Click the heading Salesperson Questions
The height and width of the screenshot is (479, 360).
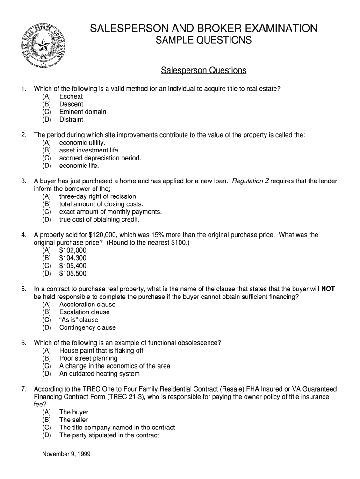pos(203,70)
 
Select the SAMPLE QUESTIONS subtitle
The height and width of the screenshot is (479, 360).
pos(203,41)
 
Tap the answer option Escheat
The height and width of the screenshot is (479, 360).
pos(71,96)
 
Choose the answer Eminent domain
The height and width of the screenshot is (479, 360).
pos(83,112)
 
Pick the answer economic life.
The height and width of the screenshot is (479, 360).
pos(79,166)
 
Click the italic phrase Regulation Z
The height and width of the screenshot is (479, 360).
pos(250,181)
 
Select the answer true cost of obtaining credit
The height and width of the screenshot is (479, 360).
pos(99,219)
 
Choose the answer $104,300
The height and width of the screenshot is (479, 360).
pos(72,258)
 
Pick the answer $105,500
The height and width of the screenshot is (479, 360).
pos(72,273)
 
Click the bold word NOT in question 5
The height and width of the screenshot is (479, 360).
pos(328,289)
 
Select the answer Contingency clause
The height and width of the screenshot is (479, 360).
pos(87,327)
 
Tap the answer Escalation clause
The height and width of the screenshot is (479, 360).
pos(84,312)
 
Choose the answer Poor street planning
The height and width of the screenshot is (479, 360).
pos(88,358)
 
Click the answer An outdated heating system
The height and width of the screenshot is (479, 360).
pos(99,374)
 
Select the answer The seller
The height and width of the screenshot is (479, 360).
pos(73,420)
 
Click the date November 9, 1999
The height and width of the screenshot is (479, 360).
pos(66,453)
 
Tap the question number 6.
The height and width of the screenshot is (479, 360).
pos(23,343)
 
